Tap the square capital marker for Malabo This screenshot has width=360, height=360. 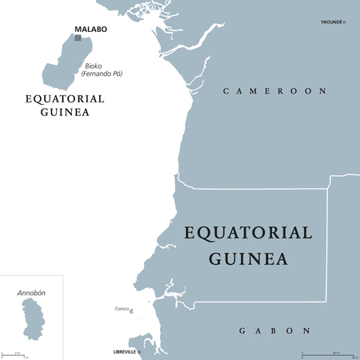pyautogui.click(x=78, y=38)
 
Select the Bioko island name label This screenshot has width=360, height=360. pyautogui.click(x=94, y=66)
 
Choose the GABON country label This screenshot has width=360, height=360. pyautogui.click(x=275, y=330)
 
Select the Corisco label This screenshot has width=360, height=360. pyautogui.click(x=122, y=308)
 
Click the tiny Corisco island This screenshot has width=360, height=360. pyautogui.click(x=131, y=312)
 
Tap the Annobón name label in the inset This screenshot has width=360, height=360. pyautogui.click(x=31, y=294)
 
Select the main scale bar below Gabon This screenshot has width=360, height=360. pyautogui.click(x=328, y=353)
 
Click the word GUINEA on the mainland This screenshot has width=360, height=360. pyautogui.click(x=250, y=258)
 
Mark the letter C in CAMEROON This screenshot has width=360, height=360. pyautogui.click(x=226, y=91)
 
